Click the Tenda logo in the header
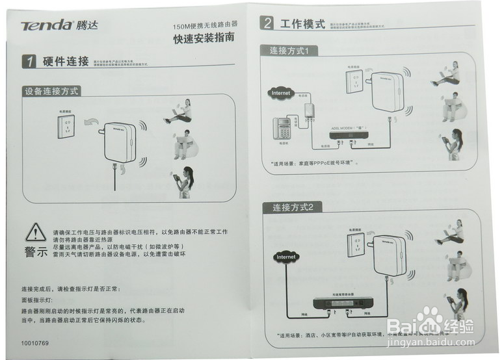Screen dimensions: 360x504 pyautogui.click(x=47, y=25)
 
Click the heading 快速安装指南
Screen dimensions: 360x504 pyautogui.click(x=204, y=39)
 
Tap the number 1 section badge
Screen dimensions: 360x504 pyautogui.click(x=29, y=62)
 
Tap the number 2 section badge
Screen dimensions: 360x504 pyautogui.click(x=267, y=25)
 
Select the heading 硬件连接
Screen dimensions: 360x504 pyautogui.click(x=66, y=62)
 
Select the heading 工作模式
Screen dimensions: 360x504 pyautogui.click(x=302, y=24)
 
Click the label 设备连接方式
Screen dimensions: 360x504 pyautogui.click(x=52, y=92)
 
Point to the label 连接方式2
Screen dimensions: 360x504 pyautogui.click(x=293, y=207)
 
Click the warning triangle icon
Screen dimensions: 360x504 pyautogui.click(x=35, y=232)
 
